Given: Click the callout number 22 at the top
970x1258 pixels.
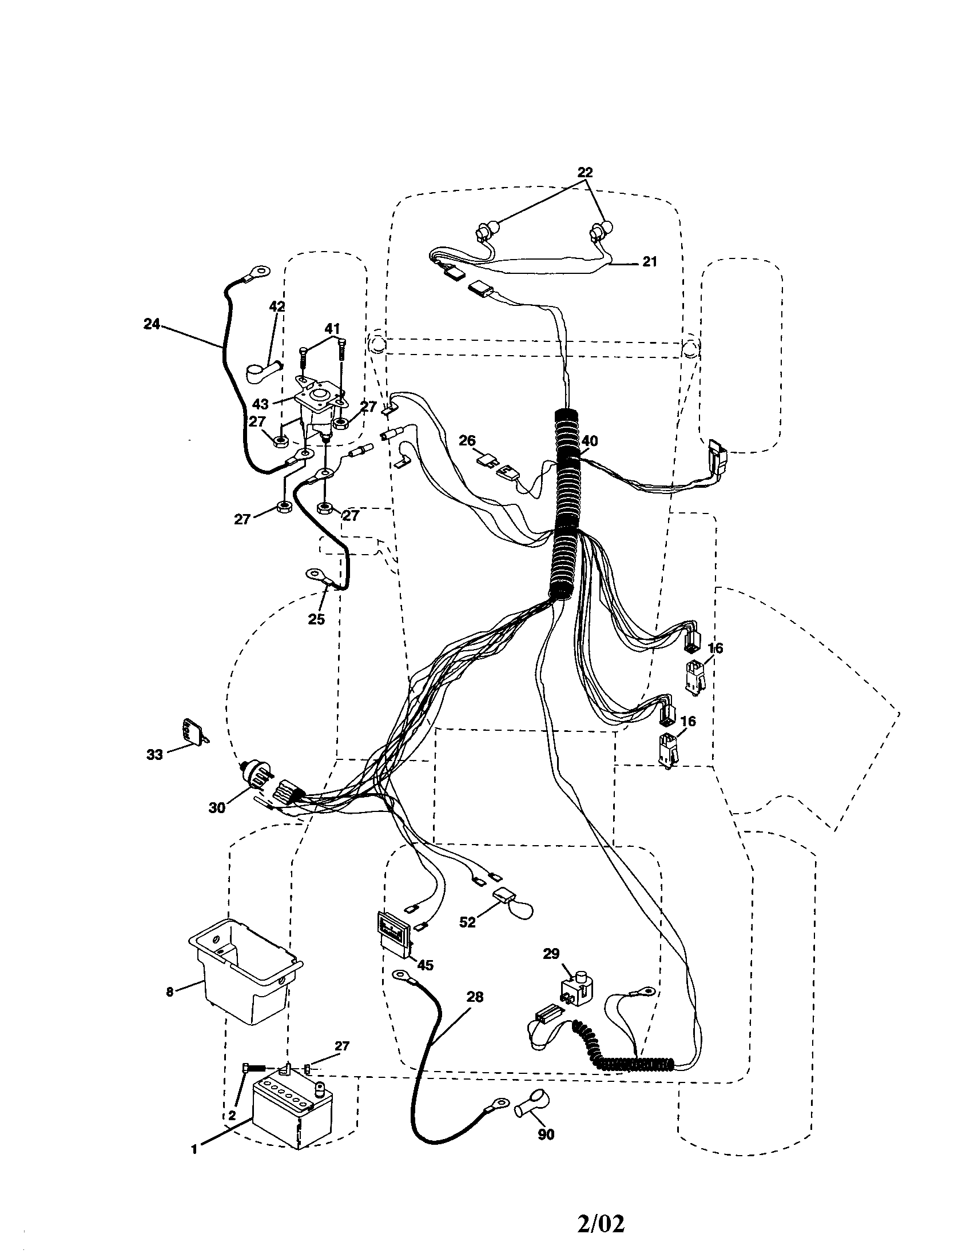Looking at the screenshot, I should (x=585, y=172).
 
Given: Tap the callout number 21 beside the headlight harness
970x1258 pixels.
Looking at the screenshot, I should (x=649, y=261).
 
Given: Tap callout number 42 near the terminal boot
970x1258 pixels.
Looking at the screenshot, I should (x=277, y=307).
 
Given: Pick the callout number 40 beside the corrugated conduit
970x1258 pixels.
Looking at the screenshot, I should (x=589, y=441).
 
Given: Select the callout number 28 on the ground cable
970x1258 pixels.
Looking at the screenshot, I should (x=475, y=997).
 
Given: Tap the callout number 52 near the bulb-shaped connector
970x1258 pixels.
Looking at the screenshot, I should (x=467, y=922).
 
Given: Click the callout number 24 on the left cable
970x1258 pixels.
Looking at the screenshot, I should (x=152, y=324).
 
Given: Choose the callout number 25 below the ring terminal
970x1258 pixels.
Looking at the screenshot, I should (x=316, y=619).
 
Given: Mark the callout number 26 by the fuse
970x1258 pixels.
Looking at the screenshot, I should (x=467, y=441).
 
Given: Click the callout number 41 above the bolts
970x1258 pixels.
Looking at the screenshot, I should (x=331, y=329).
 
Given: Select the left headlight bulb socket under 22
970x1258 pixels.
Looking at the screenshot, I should (x=483, y=233).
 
